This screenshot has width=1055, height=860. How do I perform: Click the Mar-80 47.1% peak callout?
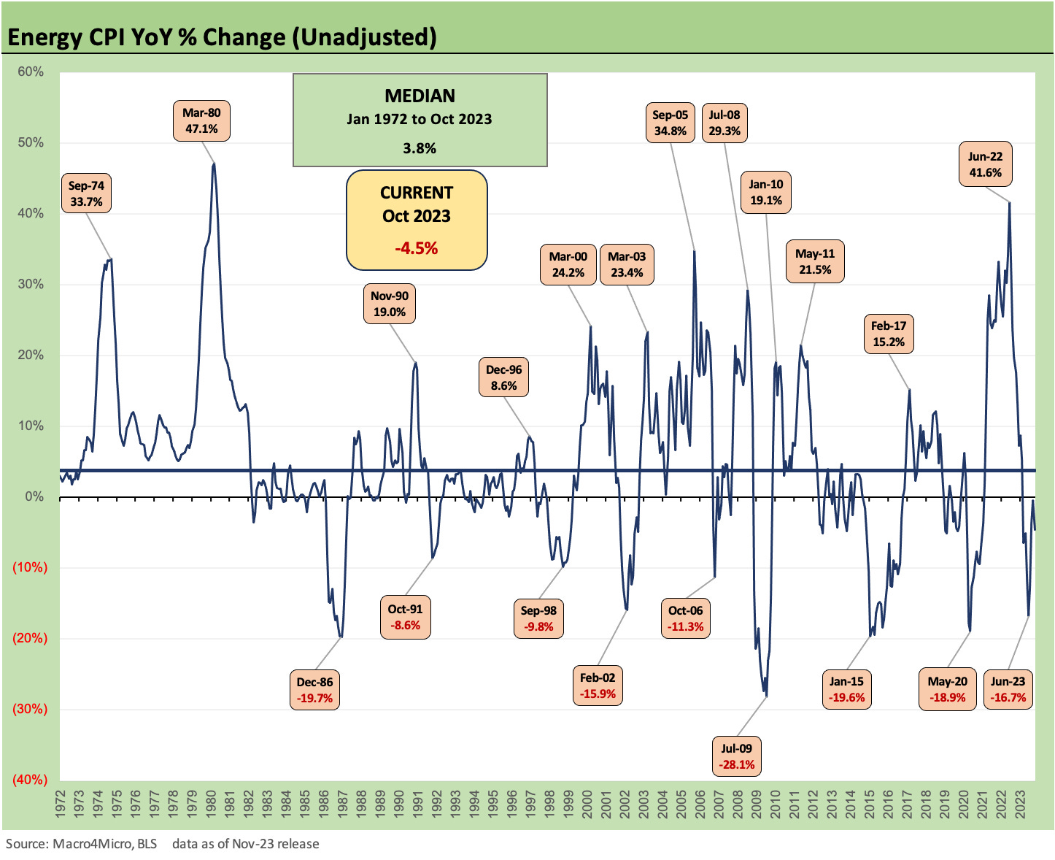point(201,120)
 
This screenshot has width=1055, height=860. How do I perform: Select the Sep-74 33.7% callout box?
point(86,193)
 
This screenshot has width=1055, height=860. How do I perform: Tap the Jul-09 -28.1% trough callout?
point(737,756)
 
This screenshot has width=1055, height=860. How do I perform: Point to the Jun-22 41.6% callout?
point(985,164)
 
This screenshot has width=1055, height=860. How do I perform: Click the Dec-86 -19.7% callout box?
point(315,690)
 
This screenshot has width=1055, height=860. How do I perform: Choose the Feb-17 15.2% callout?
point(888,334)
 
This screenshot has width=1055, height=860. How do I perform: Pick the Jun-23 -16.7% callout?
point(1008,689)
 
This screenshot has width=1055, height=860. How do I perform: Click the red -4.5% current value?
point(416,248)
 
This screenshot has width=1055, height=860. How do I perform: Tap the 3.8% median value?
point(420,148)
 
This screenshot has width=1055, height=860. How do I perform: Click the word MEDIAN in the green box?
point(420,96)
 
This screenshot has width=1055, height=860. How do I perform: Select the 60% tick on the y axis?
point(31,72)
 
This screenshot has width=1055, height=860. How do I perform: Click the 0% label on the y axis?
point(34,496)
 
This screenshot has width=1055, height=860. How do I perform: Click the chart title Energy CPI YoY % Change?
point(223,37)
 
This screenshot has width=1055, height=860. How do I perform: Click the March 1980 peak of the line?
point(214,164)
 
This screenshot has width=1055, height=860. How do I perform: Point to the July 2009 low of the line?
point(765,696)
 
